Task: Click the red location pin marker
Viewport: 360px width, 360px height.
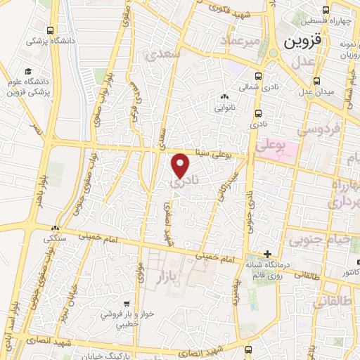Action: tap(181, 166)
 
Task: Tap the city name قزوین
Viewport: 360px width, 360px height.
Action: tap(303, 41)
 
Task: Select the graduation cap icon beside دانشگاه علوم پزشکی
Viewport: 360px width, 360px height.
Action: tap(28, 72)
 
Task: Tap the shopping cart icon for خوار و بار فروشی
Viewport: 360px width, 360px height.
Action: tap(126, 304)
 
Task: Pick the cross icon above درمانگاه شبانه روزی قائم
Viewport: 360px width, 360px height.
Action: tap(266, 254)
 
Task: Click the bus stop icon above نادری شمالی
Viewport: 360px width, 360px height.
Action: tap(258, 77)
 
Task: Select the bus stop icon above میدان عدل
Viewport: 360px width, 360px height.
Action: tap(316, 79)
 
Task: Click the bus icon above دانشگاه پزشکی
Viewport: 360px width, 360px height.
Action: tap(50, 30)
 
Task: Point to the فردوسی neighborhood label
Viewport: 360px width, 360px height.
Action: tap(319, 129)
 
